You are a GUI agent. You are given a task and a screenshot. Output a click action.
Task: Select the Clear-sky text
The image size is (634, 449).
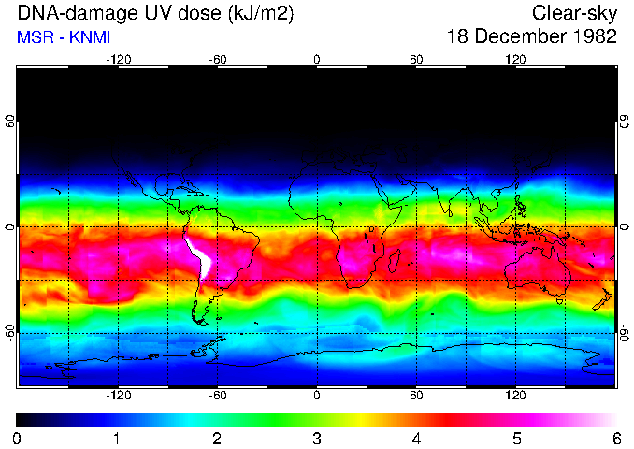[x=574, y=14]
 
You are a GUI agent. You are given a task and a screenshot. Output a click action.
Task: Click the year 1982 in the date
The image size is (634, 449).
[x=594, y=37]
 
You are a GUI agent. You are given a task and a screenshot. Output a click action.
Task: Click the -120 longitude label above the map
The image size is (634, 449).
[x=118, y=58]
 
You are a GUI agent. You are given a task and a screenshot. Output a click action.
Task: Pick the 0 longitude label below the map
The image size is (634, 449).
[x=317, y=397]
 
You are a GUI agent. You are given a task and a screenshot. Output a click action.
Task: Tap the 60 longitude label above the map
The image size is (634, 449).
[x=416, y=58]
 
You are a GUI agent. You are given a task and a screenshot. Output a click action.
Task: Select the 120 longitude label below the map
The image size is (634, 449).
[x=516, y=397]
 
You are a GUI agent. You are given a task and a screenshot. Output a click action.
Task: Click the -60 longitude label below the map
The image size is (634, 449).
[x=218, y=397]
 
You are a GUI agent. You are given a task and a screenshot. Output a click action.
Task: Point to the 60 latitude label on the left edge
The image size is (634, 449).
[x=8, y=122]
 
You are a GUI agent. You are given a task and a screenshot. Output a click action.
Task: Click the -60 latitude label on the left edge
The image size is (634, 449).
[x=8, y=332]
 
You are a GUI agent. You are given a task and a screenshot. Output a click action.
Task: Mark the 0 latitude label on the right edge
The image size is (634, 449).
[x=625, y=227]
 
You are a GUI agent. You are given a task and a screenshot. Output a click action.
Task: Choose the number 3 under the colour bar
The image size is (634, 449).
[x=317, y=439]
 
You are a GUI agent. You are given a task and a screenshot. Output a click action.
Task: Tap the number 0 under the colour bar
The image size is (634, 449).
[x=18, y=439]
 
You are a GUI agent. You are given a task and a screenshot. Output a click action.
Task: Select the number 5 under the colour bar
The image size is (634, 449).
[x=516, y=439]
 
